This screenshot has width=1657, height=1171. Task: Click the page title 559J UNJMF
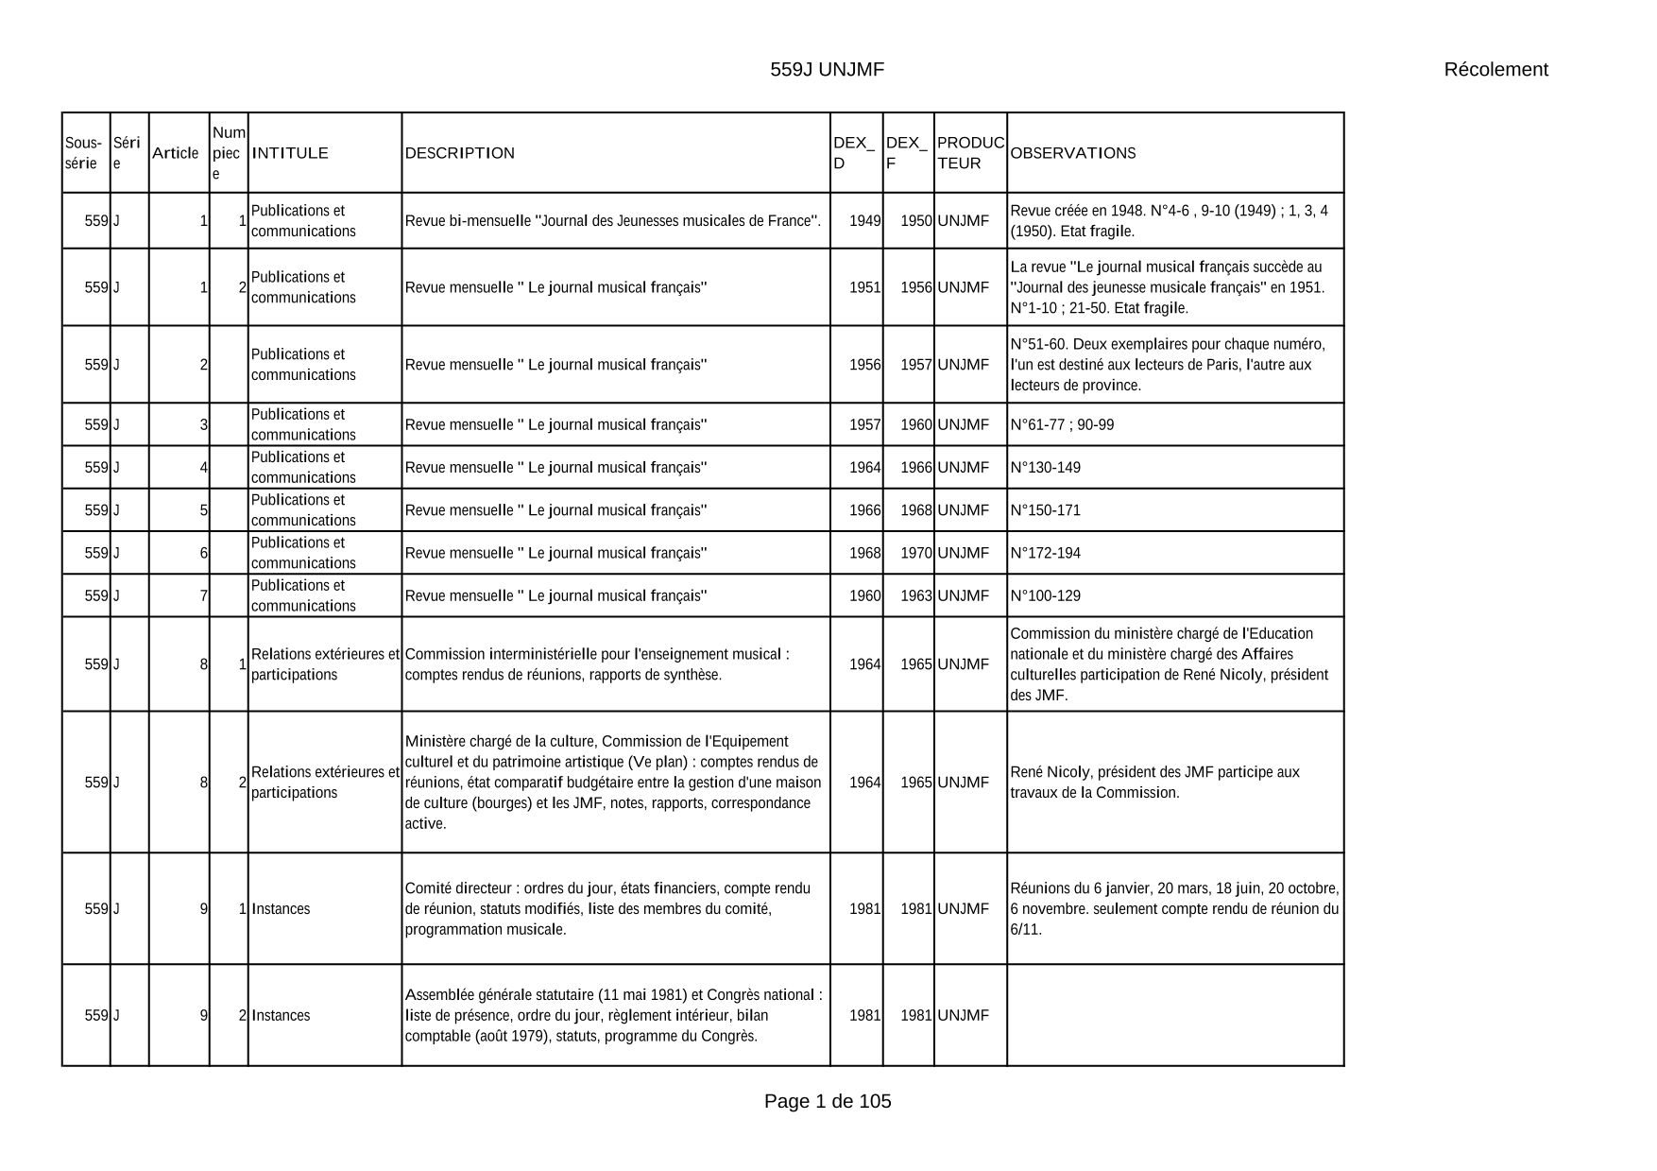[827, 69]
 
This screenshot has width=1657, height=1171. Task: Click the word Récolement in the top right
[1495, 69]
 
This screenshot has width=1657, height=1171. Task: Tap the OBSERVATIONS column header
[1073, 153]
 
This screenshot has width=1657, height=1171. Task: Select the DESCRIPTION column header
[460, 153]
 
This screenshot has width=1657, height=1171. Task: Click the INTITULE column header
[290, 153]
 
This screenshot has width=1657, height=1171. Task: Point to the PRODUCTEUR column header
[970, 153]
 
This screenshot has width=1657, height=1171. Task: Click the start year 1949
[864, 221]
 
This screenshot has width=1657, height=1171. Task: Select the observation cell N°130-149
[1046, 468]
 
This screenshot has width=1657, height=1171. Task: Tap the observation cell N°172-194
[1046, 553]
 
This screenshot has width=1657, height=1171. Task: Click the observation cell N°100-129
[1046, 596]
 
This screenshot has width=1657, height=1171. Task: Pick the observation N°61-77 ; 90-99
[1062, 425]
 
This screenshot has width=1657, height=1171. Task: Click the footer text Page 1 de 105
[828, 1101]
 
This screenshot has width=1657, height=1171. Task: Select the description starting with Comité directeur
[607, 909]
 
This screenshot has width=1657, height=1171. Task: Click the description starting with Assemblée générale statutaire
[613, 1015]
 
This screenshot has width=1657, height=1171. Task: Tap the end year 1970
[915, 553]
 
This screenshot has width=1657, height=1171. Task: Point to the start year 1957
[864, 425]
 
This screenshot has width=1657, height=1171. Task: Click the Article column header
[176, 153]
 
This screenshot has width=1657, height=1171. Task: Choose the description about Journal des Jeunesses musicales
[613, 221]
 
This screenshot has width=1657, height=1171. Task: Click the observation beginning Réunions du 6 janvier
[1174, 909]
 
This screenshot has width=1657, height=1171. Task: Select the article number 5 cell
[203, 510]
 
